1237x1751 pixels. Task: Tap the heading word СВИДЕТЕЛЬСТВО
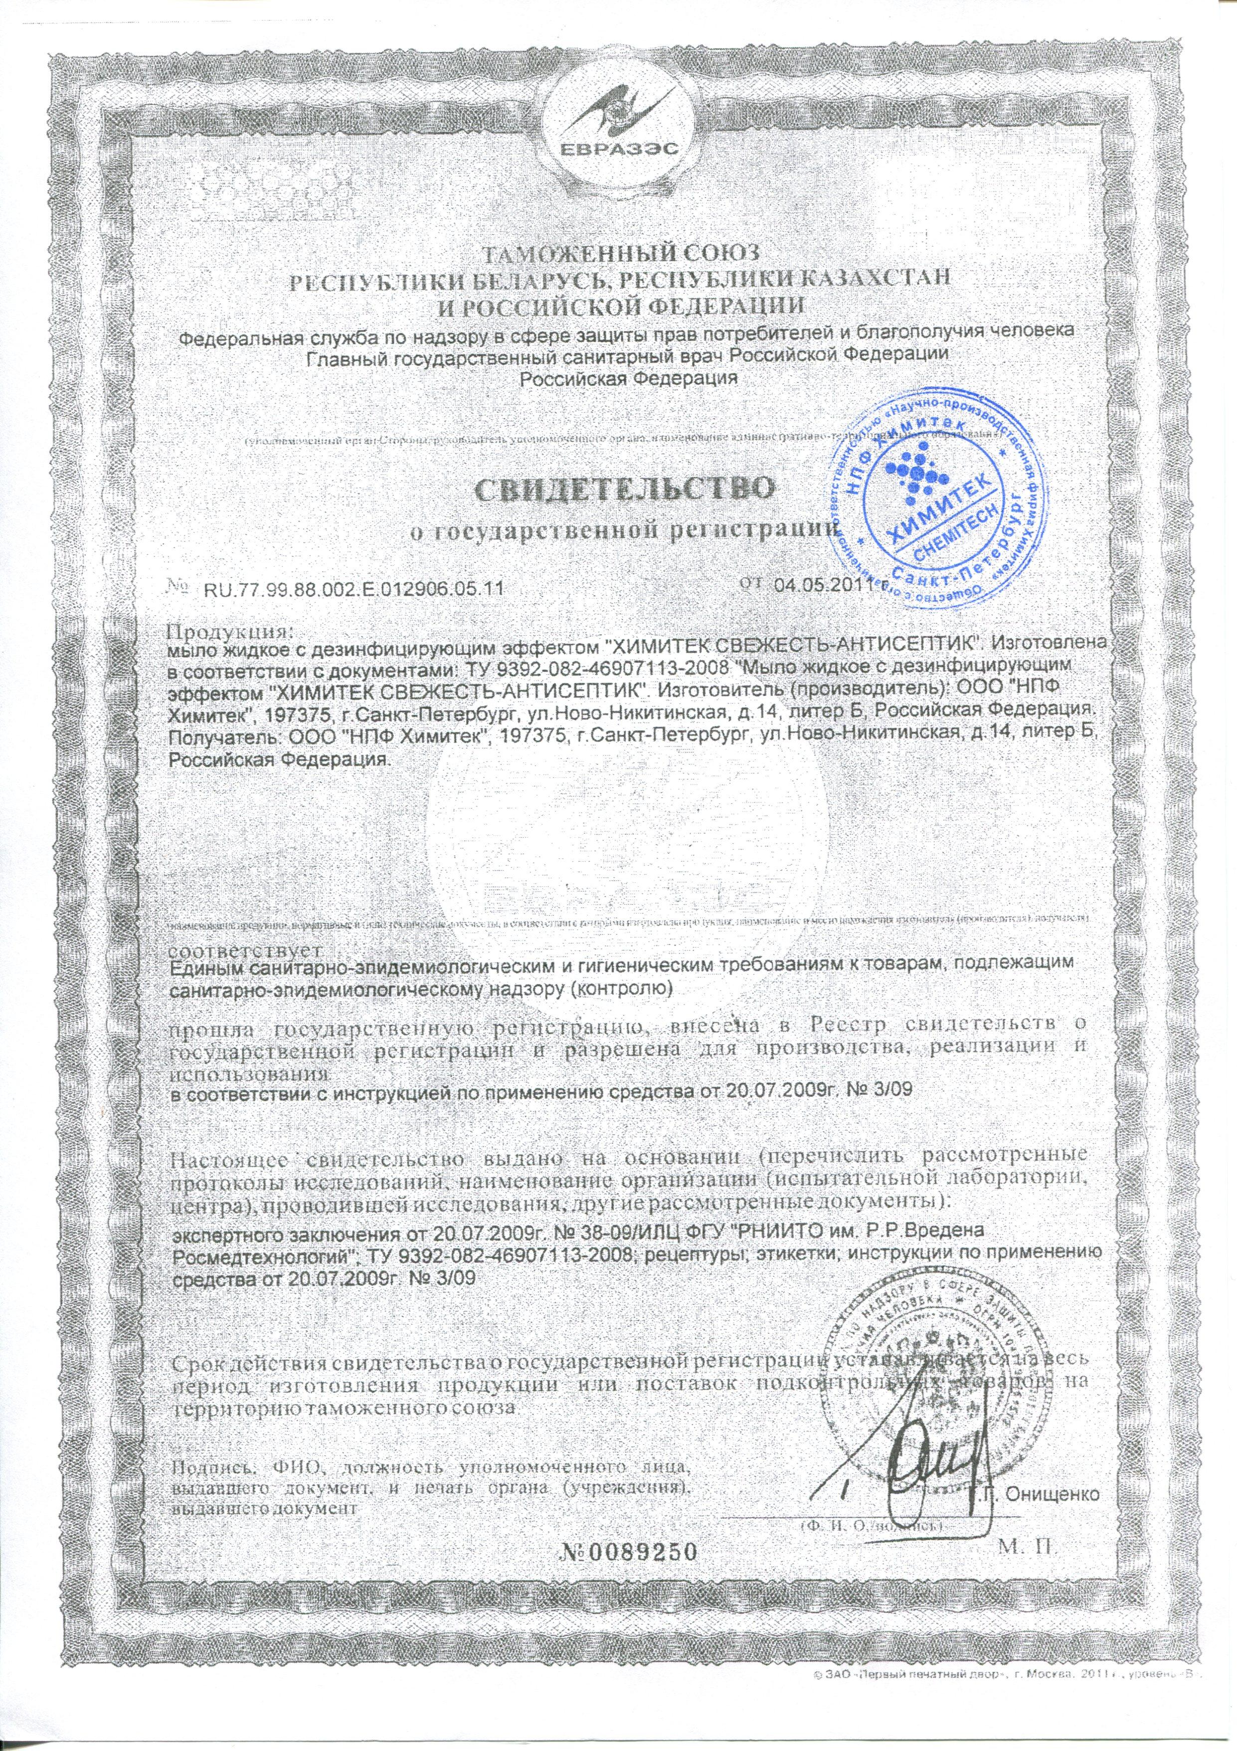[x=619, y=489]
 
